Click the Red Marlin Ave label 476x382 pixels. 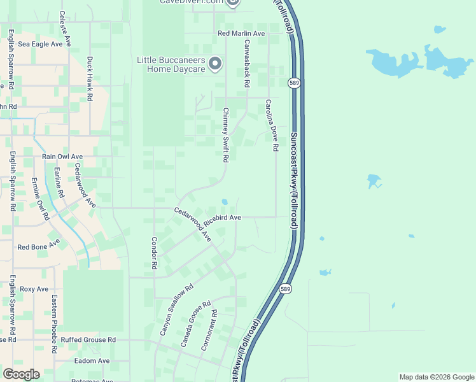241,33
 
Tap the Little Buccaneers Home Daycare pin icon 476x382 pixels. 215,62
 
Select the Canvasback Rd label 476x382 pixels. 246,64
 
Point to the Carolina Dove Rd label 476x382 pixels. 272,125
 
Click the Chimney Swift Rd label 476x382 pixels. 225,135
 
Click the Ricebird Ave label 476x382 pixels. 227,218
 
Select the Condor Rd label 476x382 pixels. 154,253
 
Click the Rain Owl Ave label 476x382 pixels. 62,156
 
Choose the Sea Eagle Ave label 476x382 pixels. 41,45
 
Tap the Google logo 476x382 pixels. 21,374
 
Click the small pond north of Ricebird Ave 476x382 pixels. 224,202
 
